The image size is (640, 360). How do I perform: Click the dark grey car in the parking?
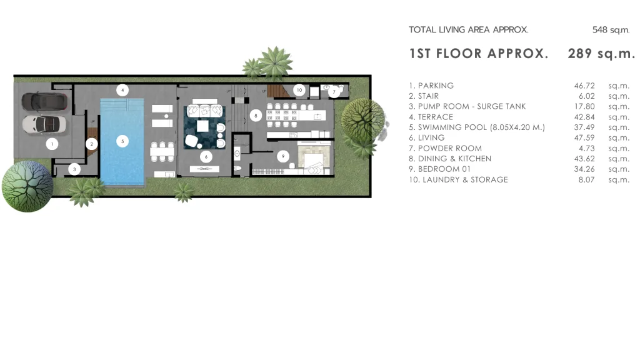coord(44,102)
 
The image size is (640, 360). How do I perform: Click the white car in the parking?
coord(44,124)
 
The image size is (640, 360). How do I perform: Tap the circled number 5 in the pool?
coord(122,141)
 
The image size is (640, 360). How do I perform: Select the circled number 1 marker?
coord(52,144)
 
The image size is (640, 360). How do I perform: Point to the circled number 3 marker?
coord(74,169)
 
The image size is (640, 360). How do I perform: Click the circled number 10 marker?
coord(299,90)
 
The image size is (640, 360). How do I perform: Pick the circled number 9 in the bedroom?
coord(283,156)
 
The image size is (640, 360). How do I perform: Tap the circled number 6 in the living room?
coord(206,157)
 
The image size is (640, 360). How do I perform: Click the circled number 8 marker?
coord(256,116)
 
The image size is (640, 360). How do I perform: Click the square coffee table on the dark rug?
coord(202,126)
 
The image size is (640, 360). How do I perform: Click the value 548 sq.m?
coord(611,30)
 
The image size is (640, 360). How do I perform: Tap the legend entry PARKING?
coord(436,86)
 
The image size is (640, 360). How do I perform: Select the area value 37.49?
coord(584,127)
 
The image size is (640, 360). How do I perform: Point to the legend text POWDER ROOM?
coord(450,149)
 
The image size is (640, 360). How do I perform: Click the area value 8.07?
coord(586,179)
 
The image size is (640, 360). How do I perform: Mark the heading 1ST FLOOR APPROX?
coord(479,54)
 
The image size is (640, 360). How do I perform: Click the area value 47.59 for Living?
coord(584,138)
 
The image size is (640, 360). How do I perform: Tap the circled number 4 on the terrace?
coord(122,90)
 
